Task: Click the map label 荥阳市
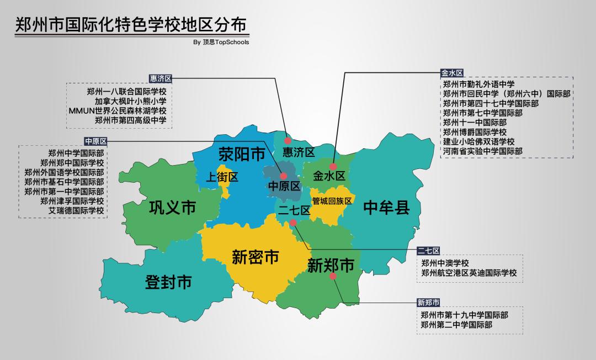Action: click(242, 154)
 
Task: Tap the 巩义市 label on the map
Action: click(173, 208)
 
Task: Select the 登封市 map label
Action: click(168, 282)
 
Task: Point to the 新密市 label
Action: click(255, 257)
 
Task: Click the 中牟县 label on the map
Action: click(386, 208)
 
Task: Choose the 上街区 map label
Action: click(222, 177)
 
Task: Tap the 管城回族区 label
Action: click(332, 200)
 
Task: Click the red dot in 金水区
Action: click(333, 166)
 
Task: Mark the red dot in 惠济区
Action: click(288, 141)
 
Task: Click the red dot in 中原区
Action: click(284, 176)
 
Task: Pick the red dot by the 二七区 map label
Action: click(293, 223)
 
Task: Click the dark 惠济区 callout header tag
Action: click(161, 79)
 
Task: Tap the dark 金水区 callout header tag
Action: click(451, 72)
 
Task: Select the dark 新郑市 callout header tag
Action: click(429, 302)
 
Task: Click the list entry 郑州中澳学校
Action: click(445, 263)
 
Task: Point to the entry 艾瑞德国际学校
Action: click(76, 210)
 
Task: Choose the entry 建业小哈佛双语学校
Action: click(478, 141)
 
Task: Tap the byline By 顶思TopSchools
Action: click(221, 42)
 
